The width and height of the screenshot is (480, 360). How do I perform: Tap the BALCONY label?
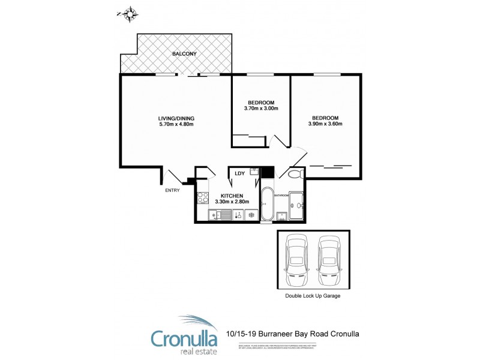(x=184, y=54)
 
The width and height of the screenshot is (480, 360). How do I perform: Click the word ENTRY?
(x=172, y=191)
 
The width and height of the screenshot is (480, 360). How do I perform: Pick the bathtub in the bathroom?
(x=266, y=205)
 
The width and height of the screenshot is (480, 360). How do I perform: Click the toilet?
(x=295, y=175)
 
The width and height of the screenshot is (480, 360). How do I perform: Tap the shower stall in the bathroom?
(x=297, y=206)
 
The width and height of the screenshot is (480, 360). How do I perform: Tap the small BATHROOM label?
(x=282, y=195)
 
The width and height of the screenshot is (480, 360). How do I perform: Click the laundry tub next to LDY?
(x=254, y=173)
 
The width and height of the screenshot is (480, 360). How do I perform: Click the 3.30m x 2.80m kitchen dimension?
(x=231, y=202)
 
